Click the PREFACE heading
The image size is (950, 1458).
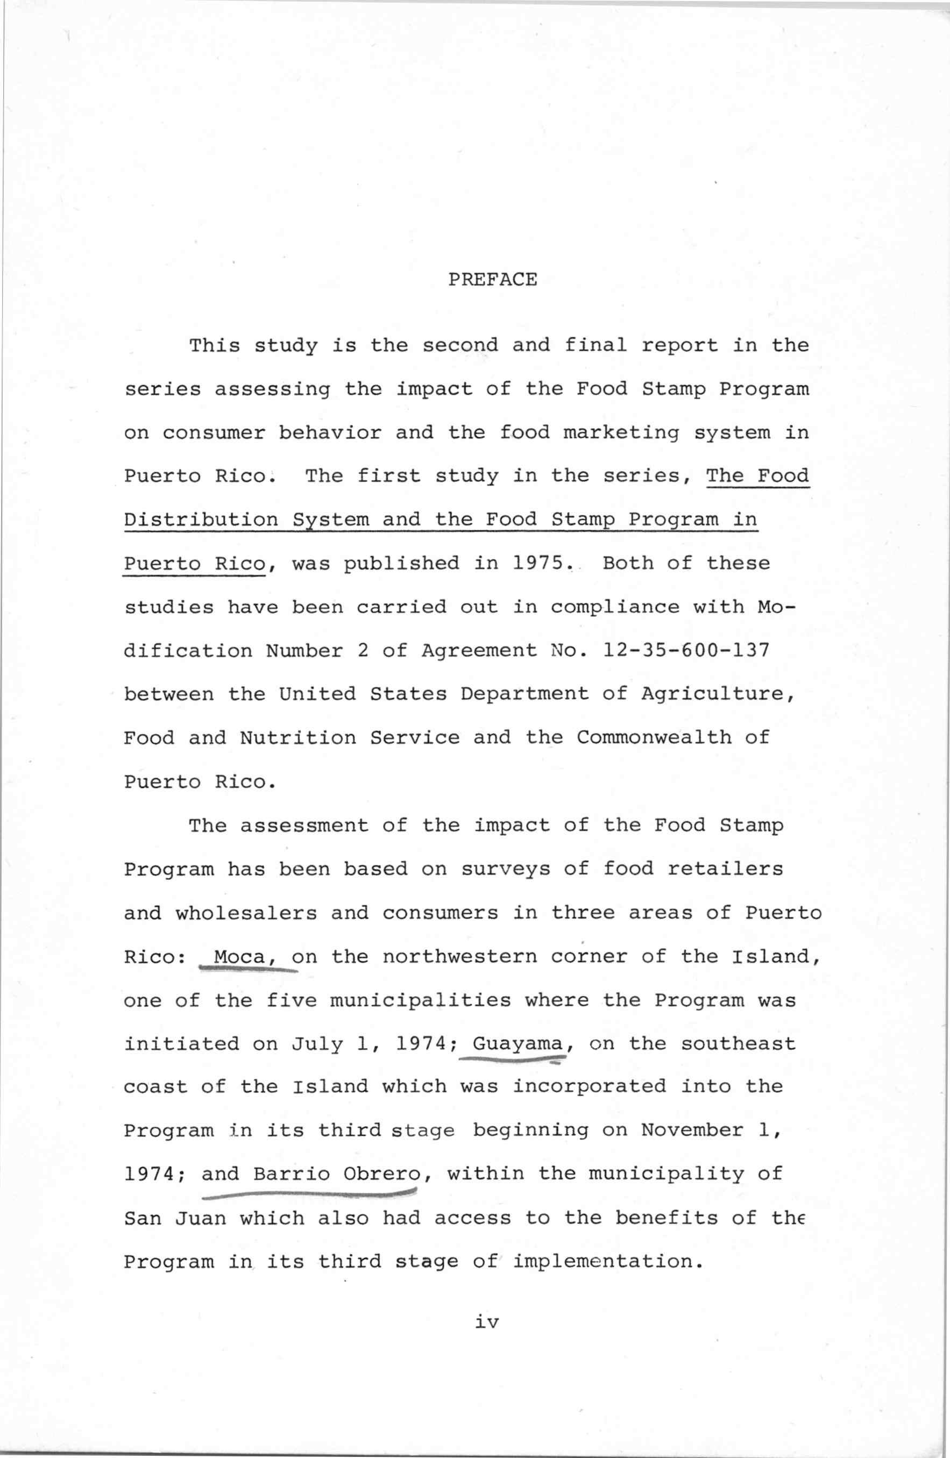[492, 280]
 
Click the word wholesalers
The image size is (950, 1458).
[246, 913]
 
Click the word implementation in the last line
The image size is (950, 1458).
[602, 1261]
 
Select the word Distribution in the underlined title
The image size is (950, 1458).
[201, 520]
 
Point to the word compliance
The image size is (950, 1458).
[615, 607]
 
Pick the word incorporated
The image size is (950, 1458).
[589, 1087]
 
